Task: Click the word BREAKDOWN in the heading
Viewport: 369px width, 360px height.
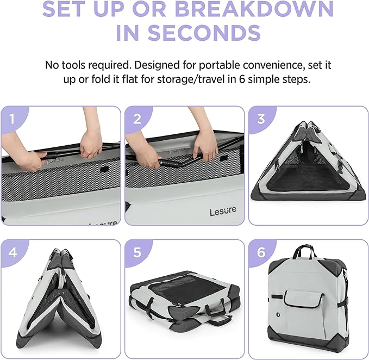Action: click(x=254, y=9)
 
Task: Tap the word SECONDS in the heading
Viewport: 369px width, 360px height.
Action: click(x=204, y=33)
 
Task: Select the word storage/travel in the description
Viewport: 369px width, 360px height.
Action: click(x=191, y=79)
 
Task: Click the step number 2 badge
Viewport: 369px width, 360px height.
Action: click(x=137, y=119)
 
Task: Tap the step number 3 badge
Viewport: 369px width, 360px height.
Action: click(x=261, y=119)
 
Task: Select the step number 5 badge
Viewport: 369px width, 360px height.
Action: click(x=137, y=252)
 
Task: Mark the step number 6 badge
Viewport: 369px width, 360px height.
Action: click(x=261, y=252)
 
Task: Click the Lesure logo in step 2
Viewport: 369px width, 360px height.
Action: click(x=223, y=211)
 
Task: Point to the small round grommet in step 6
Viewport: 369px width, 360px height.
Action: click(x=278, y=314)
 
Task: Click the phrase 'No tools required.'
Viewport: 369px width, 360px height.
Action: click(x=88, y=65)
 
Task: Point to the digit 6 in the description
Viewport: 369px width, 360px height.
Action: click(x=242, y=79)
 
